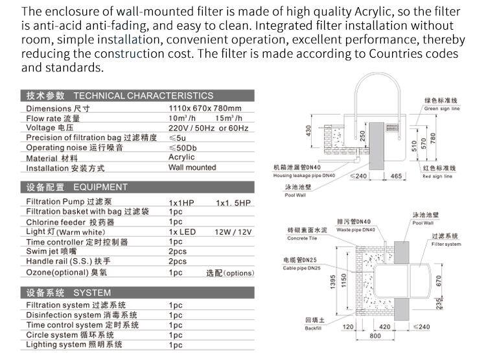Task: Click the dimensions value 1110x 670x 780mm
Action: tap(205, 108)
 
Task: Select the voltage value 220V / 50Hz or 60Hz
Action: tap(209, 128)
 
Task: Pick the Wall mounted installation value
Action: tap(192, 167)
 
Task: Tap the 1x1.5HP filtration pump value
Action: tap(233, 202)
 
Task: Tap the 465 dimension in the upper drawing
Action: tap(397, 176)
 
